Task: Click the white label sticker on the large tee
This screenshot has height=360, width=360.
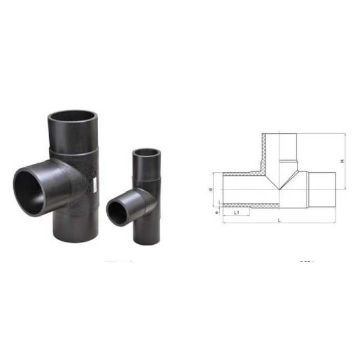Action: [x=94, y=184]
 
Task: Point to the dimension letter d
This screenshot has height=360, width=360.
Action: [x=211, y=190]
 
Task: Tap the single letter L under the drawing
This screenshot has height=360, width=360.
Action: [x=279, y=221]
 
